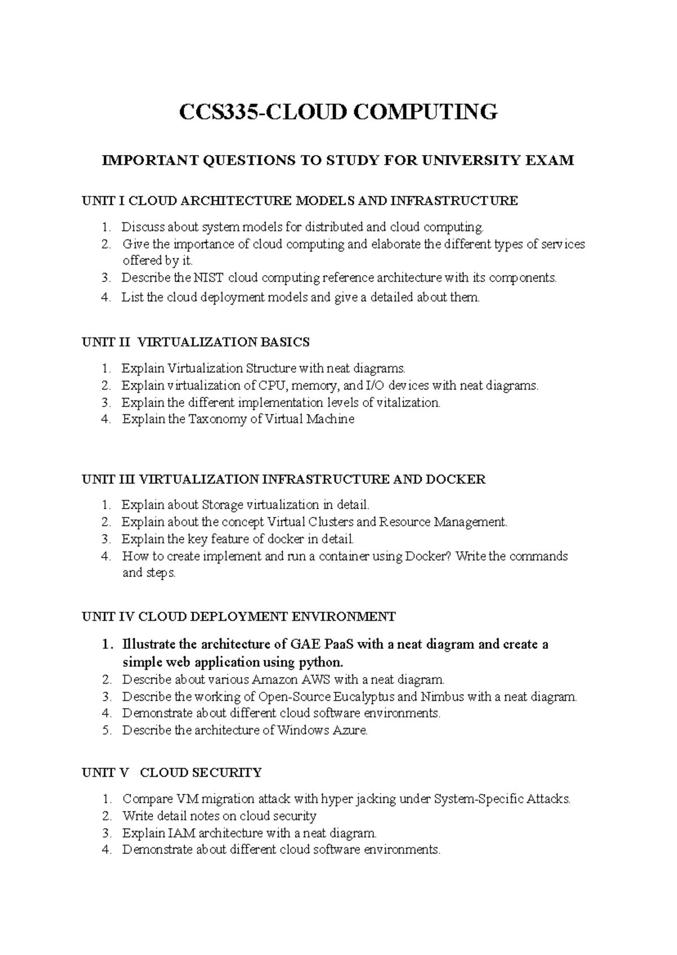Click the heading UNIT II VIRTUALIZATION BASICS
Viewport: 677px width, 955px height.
point(196,342)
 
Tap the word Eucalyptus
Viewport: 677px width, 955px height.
point(364,697)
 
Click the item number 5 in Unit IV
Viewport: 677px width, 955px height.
point(105,731)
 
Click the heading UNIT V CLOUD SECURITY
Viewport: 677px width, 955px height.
point(172,772)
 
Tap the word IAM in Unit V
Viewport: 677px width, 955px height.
point(182,833)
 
